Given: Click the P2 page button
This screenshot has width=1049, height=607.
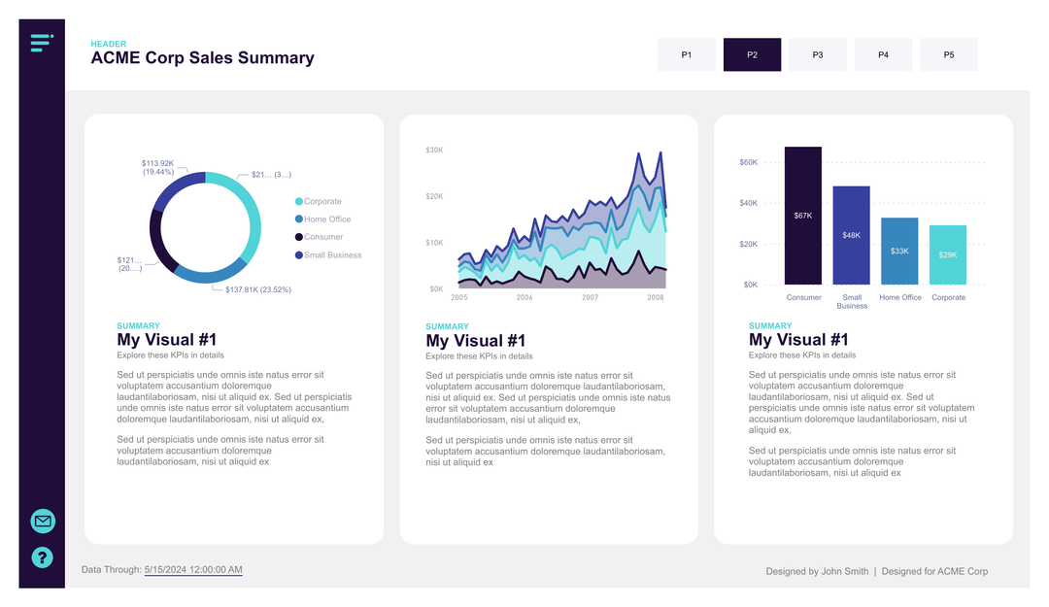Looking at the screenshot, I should [x=752, y=55].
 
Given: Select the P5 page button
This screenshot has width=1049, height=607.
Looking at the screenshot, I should [x=948, y=55].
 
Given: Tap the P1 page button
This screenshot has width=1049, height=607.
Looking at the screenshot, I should [x=686, y=55].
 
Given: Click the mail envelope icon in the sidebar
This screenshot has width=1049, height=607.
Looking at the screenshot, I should [x=43, y=522].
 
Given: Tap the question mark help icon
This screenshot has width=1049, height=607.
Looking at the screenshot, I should [x=43, y=557].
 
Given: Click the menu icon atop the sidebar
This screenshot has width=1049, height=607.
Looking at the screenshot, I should [x=41, y=42].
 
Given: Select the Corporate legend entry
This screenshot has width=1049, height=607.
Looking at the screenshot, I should [x=321, y=202].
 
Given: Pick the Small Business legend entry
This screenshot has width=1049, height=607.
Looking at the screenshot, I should [x=331, y=255].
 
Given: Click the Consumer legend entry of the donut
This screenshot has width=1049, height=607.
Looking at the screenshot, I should [x=322, y=237].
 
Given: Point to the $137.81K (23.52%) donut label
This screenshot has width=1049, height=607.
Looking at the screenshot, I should [x=257, y=289].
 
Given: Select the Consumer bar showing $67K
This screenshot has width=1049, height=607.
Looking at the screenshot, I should [x=803, y=216].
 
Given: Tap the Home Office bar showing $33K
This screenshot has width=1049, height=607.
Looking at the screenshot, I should [x=899, y=251].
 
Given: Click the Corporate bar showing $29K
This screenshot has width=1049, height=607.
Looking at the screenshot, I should [x=948, y=254].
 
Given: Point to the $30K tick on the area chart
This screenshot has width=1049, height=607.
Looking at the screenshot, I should [x=434, y=150].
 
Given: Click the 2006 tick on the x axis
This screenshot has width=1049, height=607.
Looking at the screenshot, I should [x=524, y=297].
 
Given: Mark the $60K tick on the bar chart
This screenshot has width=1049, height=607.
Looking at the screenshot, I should [x=749, y=162].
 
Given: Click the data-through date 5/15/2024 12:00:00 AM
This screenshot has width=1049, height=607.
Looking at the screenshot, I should [x=193, y=570].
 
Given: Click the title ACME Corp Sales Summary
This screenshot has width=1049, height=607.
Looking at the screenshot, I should [x=202, y=58].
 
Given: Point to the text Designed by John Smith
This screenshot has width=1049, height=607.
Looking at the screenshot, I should [x=817, y=571].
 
